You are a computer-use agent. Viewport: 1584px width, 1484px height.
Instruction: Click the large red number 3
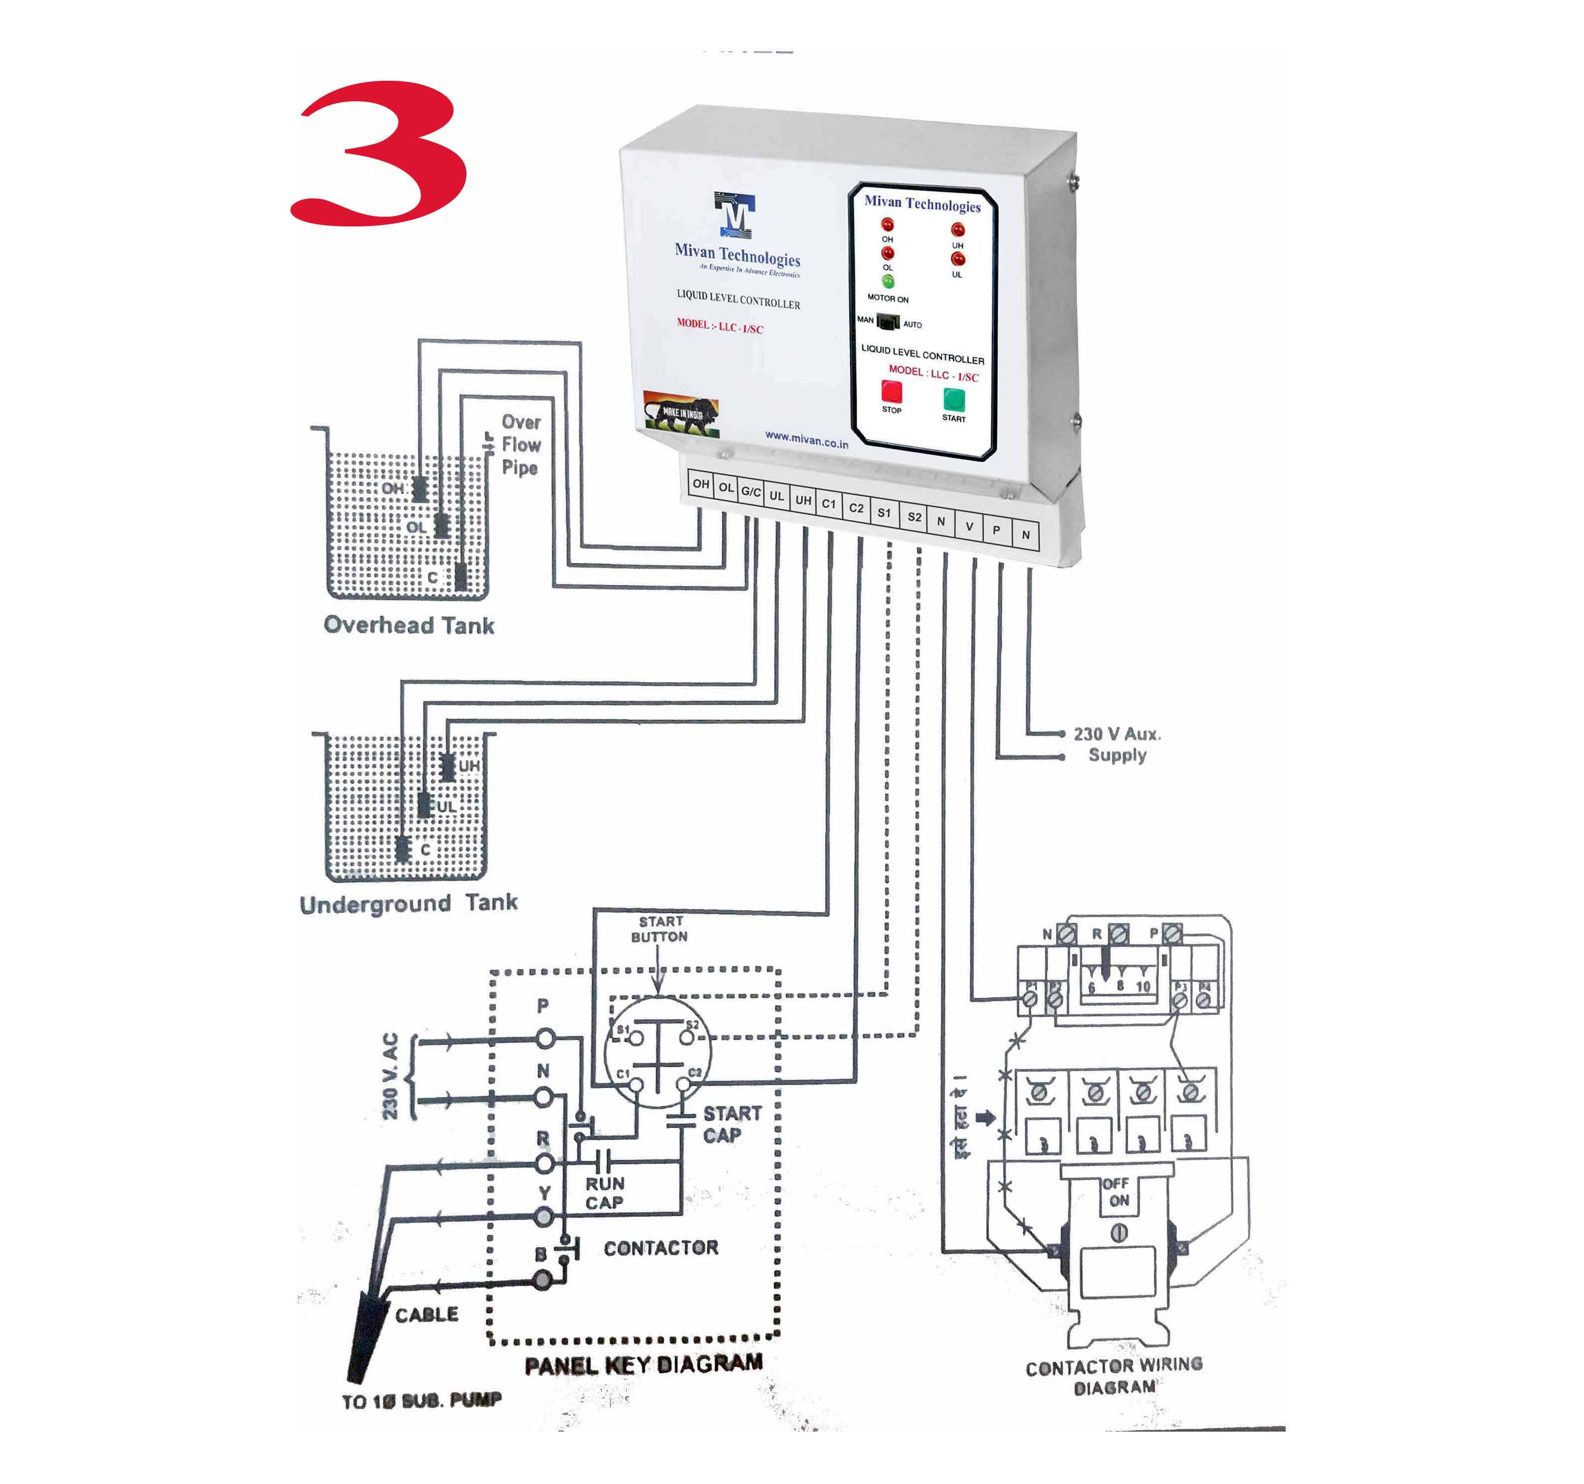pyautogui.click(x=379, y=153)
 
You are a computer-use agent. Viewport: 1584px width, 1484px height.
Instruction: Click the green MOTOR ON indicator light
pyautogui.click(x=888, y=282)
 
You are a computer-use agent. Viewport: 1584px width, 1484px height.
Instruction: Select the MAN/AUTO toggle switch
pyautogui.click(x=888, y=322)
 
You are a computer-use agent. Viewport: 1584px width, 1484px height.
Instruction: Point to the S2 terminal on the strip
pyautogui.click(x=914, y=517)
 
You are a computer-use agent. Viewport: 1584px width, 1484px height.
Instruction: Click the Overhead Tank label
pyautogui.click(x=409, y=625)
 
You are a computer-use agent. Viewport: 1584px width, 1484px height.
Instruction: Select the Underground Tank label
pyautogui.click(x=409, y=903)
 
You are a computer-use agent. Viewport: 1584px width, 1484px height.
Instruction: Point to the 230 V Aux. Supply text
pyautogui.click(x=1117, y=744)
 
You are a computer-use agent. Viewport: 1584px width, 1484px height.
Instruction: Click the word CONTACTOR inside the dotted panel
pyautogui.click(x=661, y=1248)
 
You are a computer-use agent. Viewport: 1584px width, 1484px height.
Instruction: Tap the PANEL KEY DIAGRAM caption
pyautogui.click(x=644, y=1365)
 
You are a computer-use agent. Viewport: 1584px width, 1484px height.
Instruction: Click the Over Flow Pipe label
pyautogui.click(x=521, y=444)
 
